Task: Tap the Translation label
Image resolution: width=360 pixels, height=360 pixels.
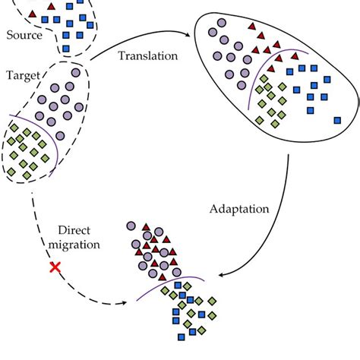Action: [149, 55]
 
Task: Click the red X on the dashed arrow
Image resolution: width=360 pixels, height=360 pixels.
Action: [55, 267]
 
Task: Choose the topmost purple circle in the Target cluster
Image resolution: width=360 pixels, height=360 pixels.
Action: [76, 72]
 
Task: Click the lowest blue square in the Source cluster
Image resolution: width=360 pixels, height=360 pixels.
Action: [65, 49]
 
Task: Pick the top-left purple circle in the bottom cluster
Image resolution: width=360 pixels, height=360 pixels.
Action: [131, 226]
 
